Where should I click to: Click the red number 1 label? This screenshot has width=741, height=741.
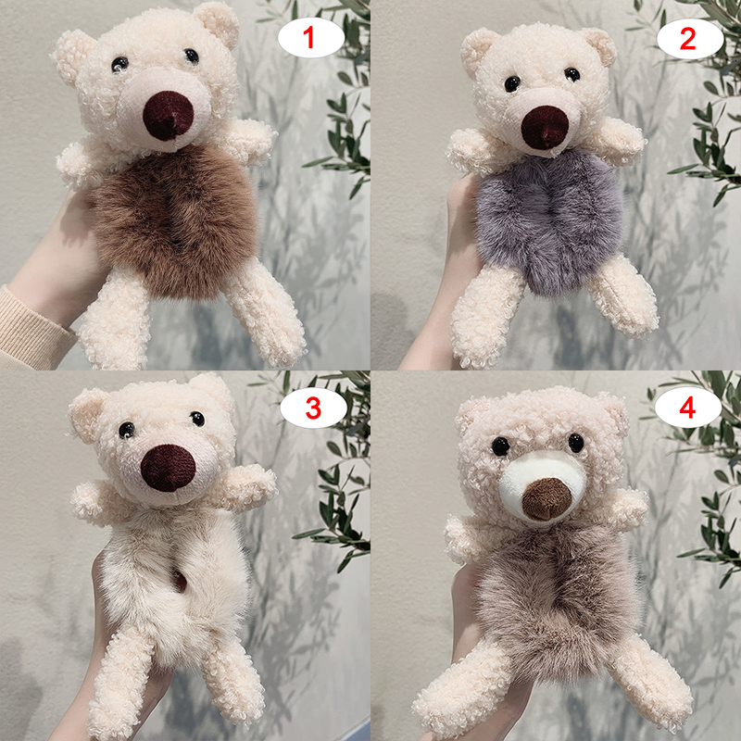pos(308,38)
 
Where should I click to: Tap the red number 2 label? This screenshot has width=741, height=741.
pos(687,39)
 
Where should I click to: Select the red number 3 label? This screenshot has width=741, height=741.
pos(313,408)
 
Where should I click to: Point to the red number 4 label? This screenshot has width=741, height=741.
pos(687,408)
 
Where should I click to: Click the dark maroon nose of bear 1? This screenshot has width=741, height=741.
pos(168,116)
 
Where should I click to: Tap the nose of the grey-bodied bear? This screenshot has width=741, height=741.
pos(545,128)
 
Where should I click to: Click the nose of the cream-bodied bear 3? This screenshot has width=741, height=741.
pos(168,468)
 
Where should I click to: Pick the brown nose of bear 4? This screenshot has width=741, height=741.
pos(546,499)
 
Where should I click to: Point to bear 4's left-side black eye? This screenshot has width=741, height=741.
pos(500,446)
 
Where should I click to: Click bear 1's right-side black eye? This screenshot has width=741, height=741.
pos(192,56)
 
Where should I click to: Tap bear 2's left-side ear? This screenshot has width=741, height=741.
pos(478,51)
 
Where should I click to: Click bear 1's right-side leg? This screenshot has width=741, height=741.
pos(265,314)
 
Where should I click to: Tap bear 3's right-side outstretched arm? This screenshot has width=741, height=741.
pos(245,487)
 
